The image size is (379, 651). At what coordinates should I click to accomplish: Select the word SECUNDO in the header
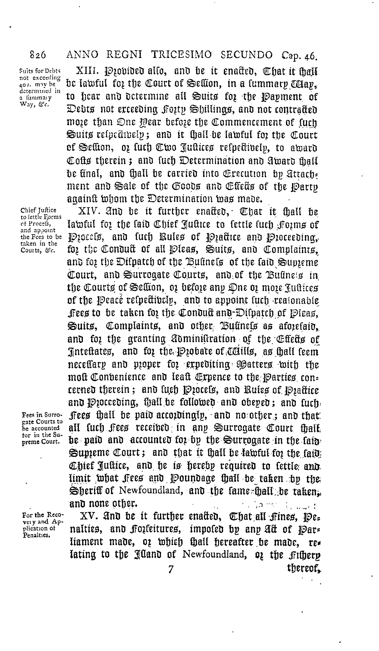point(247,55)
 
